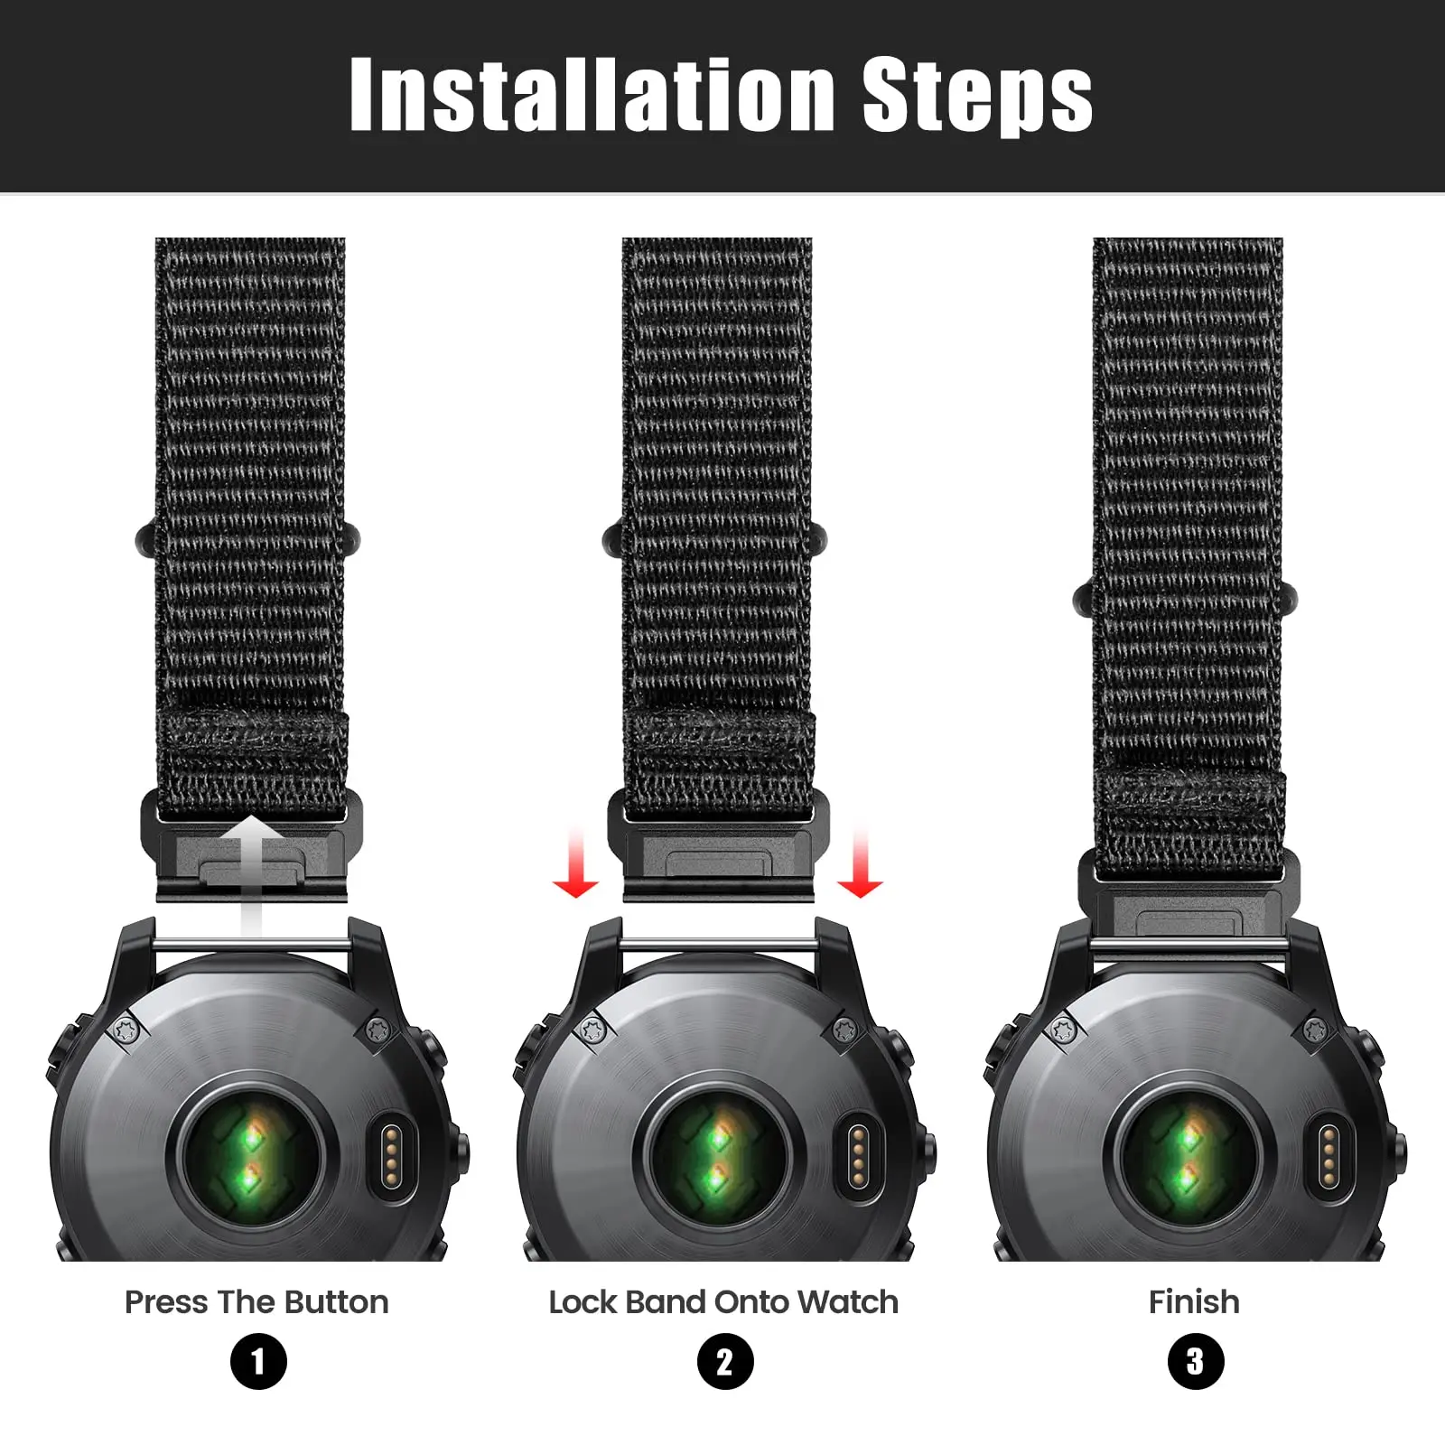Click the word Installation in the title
coord(592,94)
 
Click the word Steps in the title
coord(977,94)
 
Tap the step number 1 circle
coord(258,1362)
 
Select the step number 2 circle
coord(725,1362)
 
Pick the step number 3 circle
coord(1195,1362)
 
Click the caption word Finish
coord(1194,1302)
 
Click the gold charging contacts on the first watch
coord(391,1155)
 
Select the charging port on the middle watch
coord(859,1155)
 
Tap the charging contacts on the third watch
coord(1328,1155)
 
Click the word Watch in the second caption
coord(848,1302)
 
